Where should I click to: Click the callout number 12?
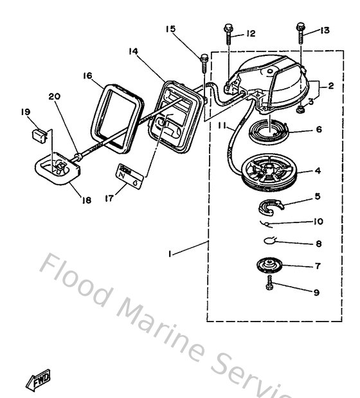[x=251, y=33]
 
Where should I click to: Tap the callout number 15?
[x=170, y=29]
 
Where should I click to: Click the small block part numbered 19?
[x=38, y=135]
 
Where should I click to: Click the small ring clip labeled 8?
[x=272, y=244]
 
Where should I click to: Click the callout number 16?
[x=87, y=75]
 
